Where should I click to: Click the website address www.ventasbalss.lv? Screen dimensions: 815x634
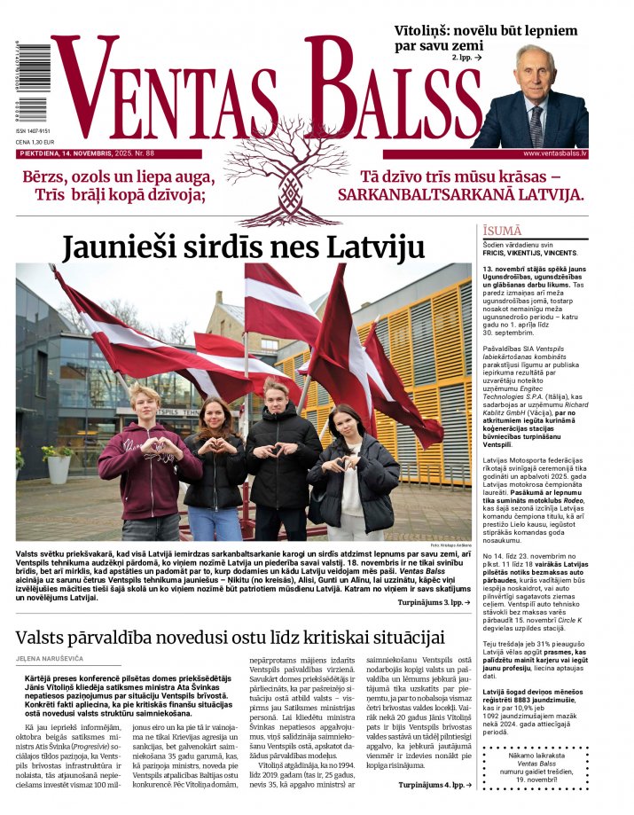[x=549, y=153]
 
